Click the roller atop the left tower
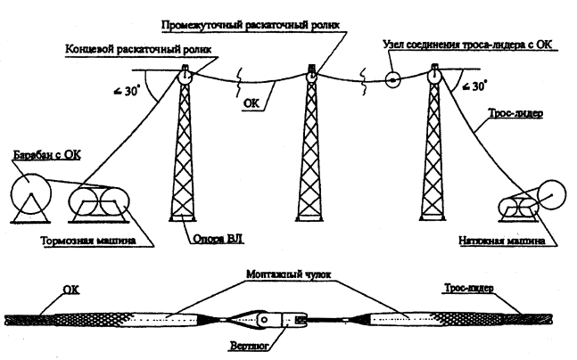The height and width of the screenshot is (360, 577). (x=185, y=78)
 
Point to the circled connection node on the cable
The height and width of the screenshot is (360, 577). (x=393, y=79)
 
